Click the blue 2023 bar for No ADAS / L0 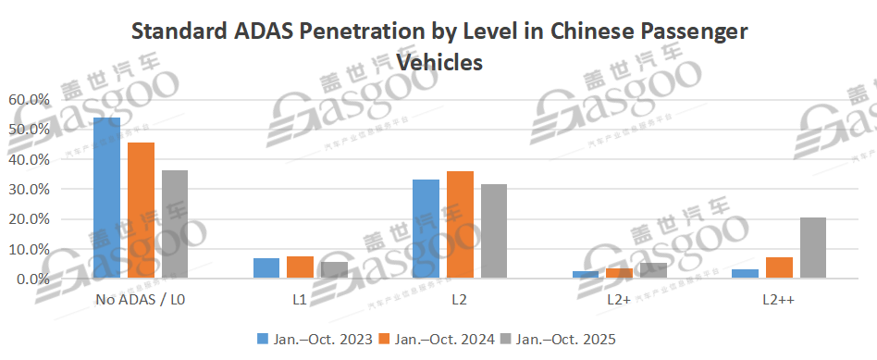tap(107, 198)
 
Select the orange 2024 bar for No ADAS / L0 tap(142, 210)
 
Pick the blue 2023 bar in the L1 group tap(266, 268)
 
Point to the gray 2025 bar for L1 tap(334, 270)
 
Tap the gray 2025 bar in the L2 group tap(494, 231)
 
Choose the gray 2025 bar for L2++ tap(812, 248)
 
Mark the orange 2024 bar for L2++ tap(779, 267)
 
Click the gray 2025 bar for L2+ tap(653, 270)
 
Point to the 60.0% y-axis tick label tap(27, 100)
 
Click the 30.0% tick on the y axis tap(27, 190)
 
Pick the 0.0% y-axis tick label tap(30, 279)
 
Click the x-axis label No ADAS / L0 tap(142, 301)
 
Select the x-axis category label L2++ tap(779, 301)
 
